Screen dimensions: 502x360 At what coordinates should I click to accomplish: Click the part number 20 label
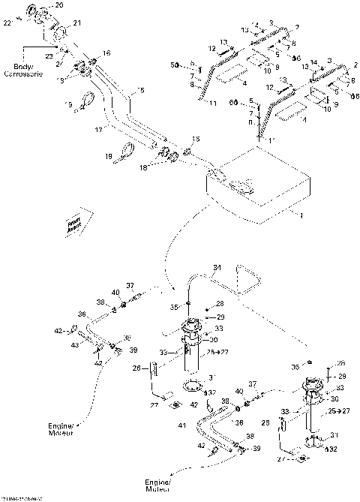(60, 5)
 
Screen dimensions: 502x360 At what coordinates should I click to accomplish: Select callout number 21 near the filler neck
(77, 25)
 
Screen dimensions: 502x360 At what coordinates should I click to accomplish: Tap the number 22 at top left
(7, 24)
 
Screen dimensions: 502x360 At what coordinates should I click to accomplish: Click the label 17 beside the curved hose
(97, 130)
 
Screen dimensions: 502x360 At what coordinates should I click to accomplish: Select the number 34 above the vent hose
(217, 268)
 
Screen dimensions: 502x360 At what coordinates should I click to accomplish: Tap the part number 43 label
(73, 345)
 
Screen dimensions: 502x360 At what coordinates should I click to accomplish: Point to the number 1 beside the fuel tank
(301, 215)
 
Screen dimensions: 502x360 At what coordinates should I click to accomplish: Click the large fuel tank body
(262, 191)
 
